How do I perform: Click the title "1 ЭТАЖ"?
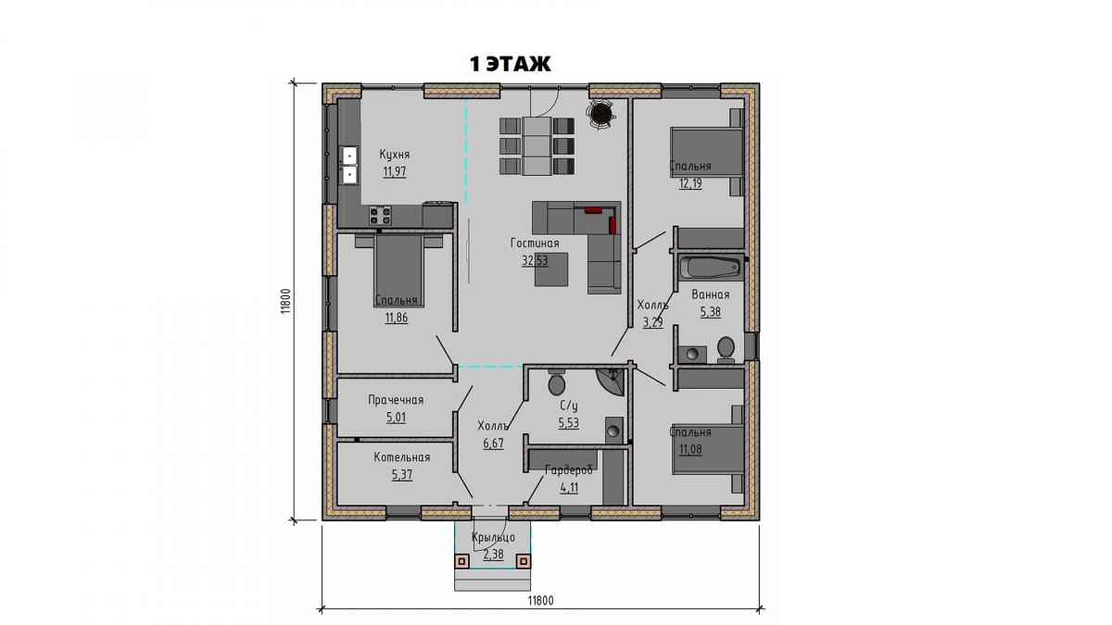point(510,64)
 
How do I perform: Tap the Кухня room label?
point(395,155)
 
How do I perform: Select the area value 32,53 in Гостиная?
point(535,260)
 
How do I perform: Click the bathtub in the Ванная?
point(711,268)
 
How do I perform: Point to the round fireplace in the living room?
point(601,115)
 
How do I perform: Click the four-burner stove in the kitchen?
point(380,215)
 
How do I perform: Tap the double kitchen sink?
point(349,165)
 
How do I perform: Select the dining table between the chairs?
point(537,146)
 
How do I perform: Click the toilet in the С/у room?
point(557,382)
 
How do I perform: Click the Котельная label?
point(402,457)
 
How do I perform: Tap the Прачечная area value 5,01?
point(397,418)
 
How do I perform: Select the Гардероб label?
point(569,470)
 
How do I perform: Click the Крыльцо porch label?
point(493,537)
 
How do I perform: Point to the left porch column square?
point(462,561)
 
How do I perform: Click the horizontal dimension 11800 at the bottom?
point(540,601)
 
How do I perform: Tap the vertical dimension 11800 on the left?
point(284,302)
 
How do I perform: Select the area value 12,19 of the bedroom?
point(690,183)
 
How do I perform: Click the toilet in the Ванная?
point(726,349)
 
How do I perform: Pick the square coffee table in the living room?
point(551,269)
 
